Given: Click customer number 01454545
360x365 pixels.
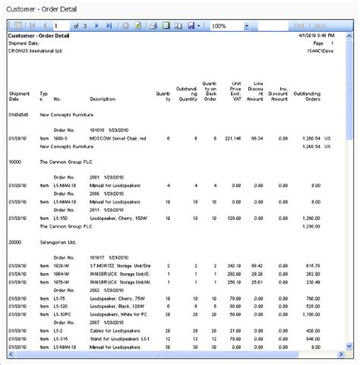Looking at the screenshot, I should coord(20,113).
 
